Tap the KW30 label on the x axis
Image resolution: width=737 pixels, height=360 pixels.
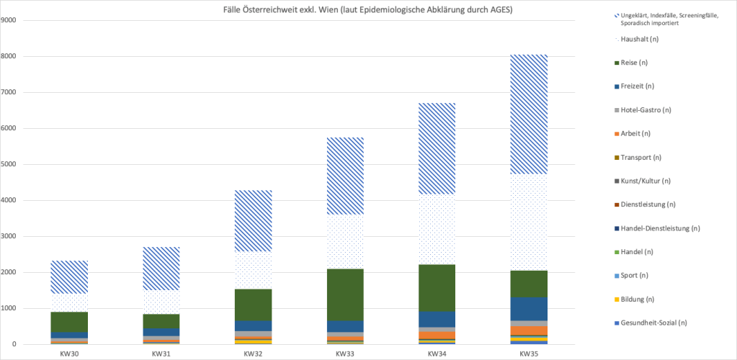coord(70,354)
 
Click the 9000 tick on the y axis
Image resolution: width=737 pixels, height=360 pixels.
coord(12,20)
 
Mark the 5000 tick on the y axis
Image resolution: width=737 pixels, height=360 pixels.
coord(12,164)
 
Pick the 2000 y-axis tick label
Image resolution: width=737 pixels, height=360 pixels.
coord(12,272)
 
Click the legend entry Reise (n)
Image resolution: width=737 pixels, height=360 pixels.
coord(634,63)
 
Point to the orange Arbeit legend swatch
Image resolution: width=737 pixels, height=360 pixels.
coord(617,134)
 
